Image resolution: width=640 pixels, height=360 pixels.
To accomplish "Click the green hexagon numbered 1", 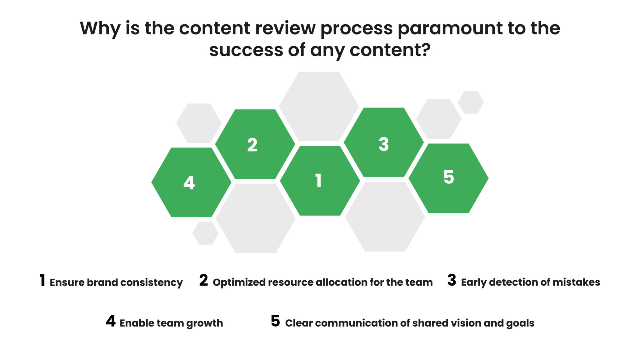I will [x=320, y=181].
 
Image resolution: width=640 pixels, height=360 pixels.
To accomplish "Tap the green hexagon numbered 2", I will [x=255, y=144].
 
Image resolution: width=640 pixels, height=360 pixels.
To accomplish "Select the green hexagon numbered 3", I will [x=384, y=142].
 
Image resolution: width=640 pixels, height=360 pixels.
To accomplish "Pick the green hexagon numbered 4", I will [x=191, y=182].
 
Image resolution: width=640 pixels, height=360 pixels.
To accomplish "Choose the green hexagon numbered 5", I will [x=448, y=178].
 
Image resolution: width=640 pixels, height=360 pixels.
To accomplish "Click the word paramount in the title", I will [x=450, y=29].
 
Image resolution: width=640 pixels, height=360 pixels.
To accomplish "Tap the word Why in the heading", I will [x=100, y=29].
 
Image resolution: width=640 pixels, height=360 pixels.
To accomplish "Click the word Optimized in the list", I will [x=239, y=282].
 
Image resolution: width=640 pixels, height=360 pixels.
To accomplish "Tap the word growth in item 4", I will [x=204, y=323].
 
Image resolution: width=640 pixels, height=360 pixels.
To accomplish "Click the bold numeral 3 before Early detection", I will [x=452, y=280].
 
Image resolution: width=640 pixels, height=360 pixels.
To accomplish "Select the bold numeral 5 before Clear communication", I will [x=275, y=321].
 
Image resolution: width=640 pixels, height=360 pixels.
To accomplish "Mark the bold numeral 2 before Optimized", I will [x=203, y=280].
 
